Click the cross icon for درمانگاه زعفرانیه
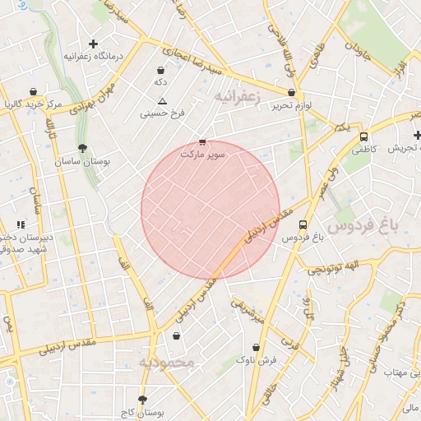tap(93, 44)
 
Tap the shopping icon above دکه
tap(160, 71)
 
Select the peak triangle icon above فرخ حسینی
tap(162, 101)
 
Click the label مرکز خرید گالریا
tap(32, 104)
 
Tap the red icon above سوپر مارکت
tap(202, 141)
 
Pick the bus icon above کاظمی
tap(363, 137)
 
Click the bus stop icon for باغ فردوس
tap(303, 224)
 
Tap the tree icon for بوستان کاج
tap(144, 399)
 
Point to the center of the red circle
tap(210, 210)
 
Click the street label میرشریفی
tap(247, 308)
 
